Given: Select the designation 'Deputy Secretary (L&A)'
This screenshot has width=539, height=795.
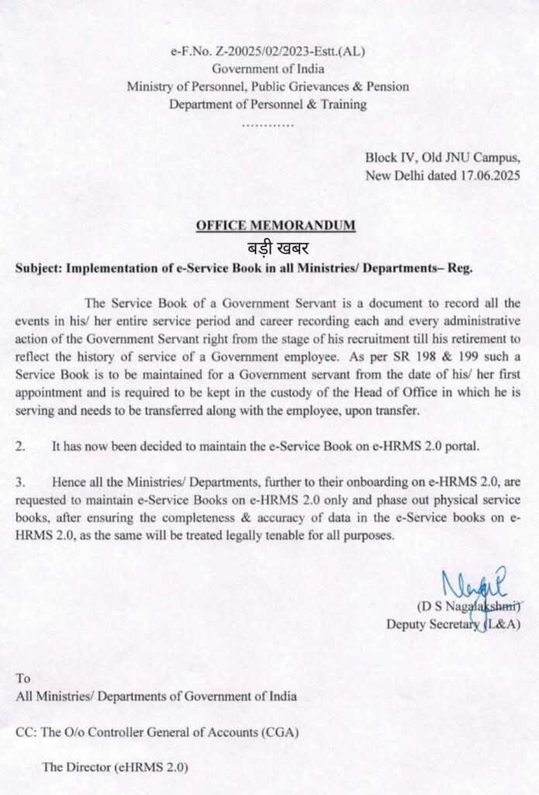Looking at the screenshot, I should click(453, 623).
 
